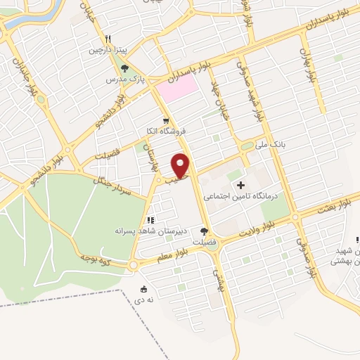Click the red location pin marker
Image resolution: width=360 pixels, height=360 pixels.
coord(181,165)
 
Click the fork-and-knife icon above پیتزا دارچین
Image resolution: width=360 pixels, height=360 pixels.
coord(108,39)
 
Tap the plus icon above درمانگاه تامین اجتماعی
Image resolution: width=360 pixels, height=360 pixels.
coord(242,186)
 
